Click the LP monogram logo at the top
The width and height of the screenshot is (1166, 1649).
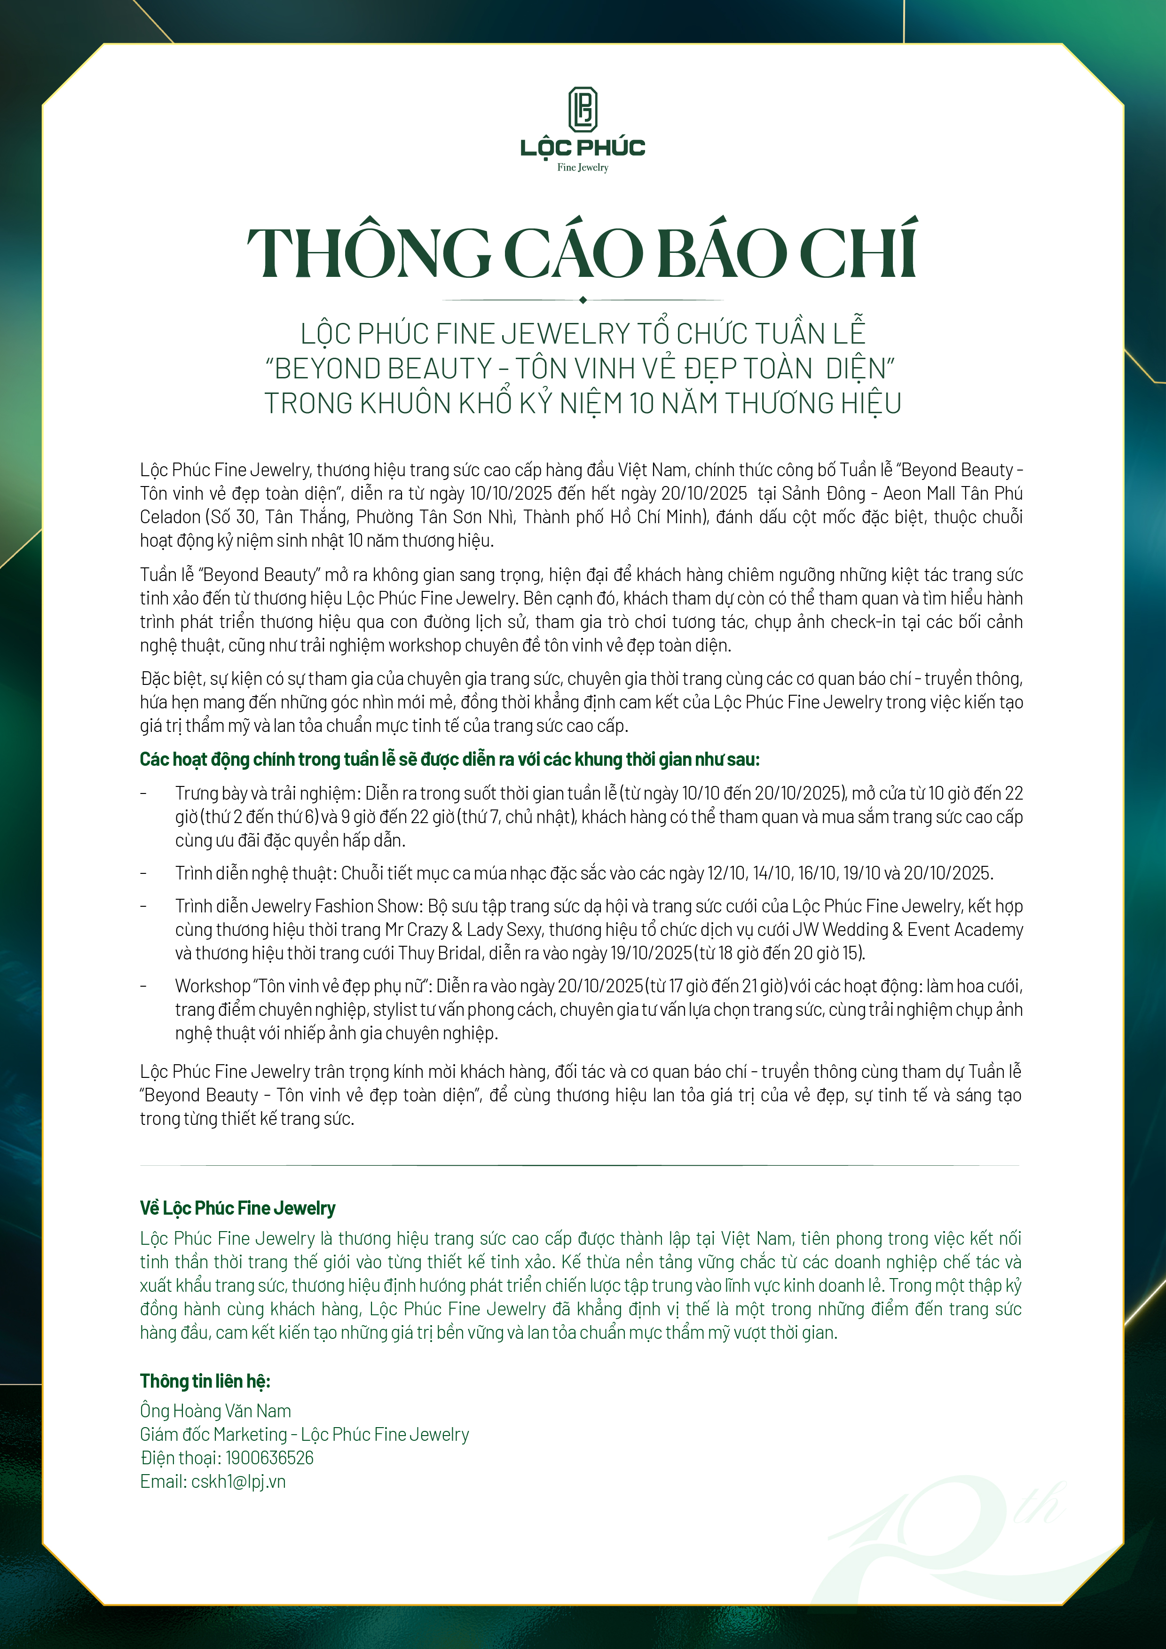(x=583, y=110)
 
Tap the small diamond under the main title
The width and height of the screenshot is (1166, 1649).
(x=583, y=299)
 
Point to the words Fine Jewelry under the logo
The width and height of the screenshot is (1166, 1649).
(x=583, y=167)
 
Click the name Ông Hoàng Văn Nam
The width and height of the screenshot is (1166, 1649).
(x=215, y=1411)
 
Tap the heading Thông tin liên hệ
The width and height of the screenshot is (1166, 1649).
(x=205, y=1381)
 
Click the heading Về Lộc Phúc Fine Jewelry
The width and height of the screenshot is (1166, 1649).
(x=237, y=1208)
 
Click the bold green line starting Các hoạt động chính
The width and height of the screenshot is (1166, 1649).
(x=449, y=759)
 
